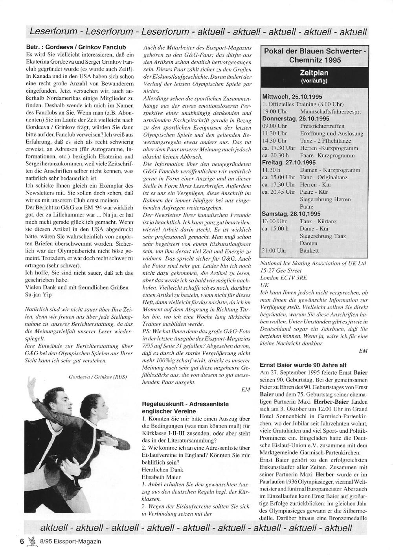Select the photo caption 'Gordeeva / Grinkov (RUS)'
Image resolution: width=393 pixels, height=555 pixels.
pyautogui.click(x=97, y=377)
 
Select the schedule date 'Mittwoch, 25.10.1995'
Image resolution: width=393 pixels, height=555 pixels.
pyautogui.click(x=292, y=97)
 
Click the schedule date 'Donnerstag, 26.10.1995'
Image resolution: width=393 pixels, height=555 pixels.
pyautogui.click(x=296, y=118)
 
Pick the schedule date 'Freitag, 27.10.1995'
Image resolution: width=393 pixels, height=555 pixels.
pyautogui.click(x=289, y=162)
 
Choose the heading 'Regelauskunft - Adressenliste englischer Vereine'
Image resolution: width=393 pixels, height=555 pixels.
pyautogui.click(x=185, y=407)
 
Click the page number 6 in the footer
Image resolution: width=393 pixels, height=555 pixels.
pyautogui.click(x=22, y=541)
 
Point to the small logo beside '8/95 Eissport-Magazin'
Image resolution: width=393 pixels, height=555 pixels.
pyautogui.click(x=32, y=541)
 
